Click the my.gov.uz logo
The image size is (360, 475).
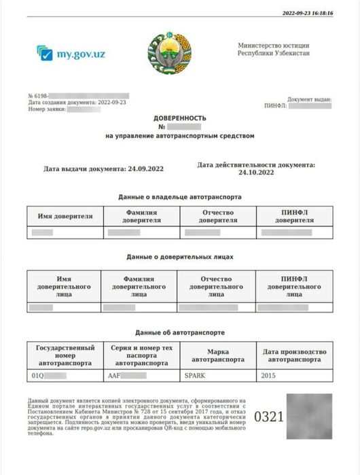tap(71, 53)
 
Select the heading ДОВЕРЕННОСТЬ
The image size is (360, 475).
tap(179, 118)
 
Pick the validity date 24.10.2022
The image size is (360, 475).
tap(255, 173)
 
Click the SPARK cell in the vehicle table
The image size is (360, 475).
tap(194, 375)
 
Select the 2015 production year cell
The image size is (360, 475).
tap(269, 375)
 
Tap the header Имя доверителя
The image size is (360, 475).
tap(65, 217)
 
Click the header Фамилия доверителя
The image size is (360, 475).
tap(141, 217)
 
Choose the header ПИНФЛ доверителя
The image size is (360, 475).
tap(294, 217)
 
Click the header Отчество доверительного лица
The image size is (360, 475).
tap(217, 287)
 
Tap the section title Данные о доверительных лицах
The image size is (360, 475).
tap(179, 258)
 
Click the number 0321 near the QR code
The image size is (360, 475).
tap(268, 417)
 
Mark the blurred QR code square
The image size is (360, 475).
tap(309, 416)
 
